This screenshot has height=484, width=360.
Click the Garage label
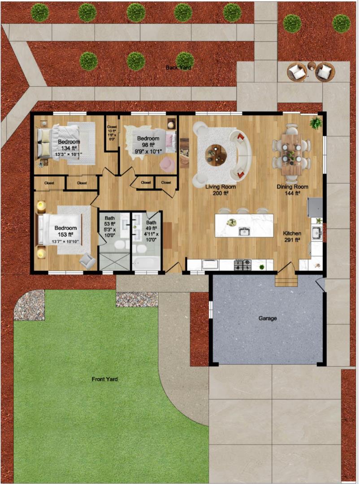[x=267, y=318]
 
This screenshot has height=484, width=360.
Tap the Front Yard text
[x=104, y=379]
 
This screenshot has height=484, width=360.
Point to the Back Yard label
[x=178, y=68]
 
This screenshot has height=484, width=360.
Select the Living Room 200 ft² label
[x=220, y=190]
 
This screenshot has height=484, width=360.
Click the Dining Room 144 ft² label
[x=292, y=190]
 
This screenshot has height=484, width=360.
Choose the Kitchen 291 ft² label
[x=292, y=237]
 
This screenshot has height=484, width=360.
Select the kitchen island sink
[x=244, y=231]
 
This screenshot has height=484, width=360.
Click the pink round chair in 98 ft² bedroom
[x=167, y=164]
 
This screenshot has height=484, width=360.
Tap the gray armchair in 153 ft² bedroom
[x=87, y=260]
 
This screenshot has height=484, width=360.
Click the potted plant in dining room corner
[x=316, y=123]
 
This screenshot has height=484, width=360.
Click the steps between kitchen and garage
[x=286, y=281]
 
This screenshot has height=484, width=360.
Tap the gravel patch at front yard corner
[x=29, y=305]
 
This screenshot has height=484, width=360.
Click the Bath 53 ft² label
[x=110, y=226]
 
